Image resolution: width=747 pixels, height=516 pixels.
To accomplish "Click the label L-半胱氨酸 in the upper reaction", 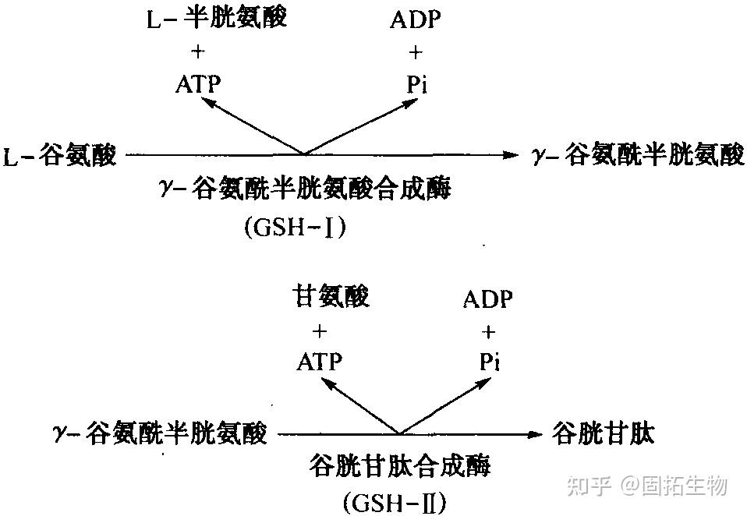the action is pos(216,18).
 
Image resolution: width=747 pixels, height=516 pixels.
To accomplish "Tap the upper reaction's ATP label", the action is pos(198,85).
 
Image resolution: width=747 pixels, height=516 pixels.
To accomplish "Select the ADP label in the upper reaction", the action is pos(416,19).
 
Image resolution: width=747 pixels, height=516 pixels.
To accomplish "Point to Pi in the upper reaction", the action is pos(417,85).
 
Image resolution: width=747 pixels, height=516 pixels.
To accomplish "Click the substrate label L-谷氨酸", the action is pos(59,155).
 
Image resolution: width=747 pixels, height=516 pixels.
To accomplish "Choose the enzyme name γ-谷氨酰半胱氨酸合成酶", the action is pos(305,189).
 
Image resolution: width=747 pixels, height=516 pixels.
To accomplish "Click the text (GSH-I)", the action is pos(295,228).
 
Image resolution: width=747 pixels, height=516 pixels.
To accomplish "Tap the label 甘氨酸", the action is pos(331,296).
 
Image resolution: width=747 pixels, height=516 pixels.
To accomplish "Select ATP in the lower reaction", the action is pos(319,362).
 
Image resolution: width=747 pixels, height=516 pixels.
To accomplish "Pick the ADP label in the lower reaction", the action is pos(488,299).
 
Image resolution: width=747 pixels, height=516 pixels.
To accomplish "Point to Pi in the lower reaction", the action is pos(490,362).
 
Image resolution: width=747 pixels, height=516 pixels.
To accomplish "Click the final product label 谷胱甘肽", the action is pos(603,433).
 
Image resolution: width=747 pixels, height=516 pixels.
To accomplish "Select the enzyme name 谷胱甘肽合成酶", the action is pos(399,465).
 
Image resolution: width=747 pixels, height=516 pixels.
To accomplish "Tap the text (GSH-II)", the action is pos(395,502).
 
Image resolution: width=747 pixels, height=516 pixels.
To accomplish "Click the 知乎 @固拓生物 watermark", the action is pos(647,486).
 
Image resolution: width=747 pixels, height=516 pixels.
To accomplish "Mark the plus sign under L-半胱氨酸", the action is pos(198,51).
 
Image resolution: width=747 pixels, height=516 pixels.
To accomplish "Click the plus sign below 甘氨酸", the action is pos(319,330).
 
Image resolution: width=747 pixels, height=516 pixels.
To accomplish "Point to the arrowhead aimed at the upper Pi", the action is pos(411,103).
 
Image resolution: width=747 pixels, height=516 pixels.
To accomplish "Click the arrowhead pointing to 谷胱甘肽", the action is pos(536,434).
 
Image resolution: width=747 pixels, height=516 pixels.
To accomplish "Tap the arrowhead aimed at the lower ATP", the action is pos(327,383).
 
